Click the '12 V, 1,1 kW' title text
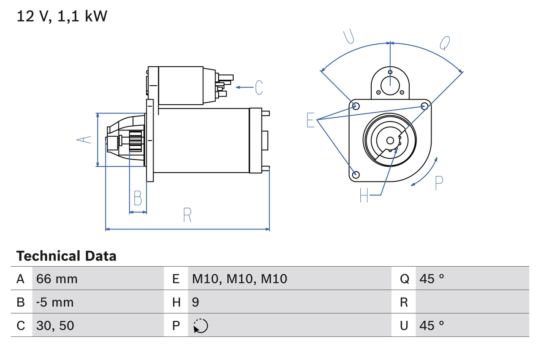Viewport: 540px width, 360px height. pyautogui.click(x=62, y=16)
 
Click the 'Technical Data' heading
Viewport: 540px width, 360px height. pyautogui.click(x=66, y=256)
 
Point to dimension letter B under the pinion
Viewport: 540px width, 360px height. pyautogui.click(x=138, y=198)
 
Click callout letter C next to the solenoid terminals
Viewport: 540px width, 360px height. pyautogui.click(x=259, y=87)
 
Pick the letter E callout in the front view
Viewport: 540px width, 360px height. pyautogui.click(x=310, y=120)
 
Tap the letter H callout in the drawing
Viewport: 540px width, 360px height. pyautogui.click(x=364, y=195)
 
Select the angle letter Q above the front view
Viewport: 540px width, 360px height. pyautogui.click(x=445, y=43)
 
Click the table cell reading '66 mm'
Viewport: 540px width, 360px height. pyautogui.click(x=57, y=279)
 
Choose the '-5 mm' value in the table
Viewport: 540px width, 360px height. pyautogui.click(x=55, y=302)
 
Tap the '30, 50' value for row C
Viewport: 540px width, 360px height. pyautogui.click(x=55, y=325)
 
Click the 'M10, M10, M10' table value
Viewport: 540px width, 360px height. pyautogui.click(x=240, y=279)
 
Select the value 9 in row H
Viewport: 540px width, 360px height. pyautogui.click(x=196, y=302)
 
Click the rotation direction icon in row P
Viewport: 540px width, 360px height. pyautogui.click(x=200, y=326)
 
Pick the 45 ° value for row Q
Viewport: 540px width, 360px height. pyautogui.click(x=432, y=279)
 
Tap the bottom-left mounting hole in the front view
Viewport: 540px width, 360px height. pyautogui.click(x=356, y=174)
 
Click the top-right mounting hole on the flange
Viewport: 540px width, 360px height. pyautogui.click(x=425, y=106)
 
